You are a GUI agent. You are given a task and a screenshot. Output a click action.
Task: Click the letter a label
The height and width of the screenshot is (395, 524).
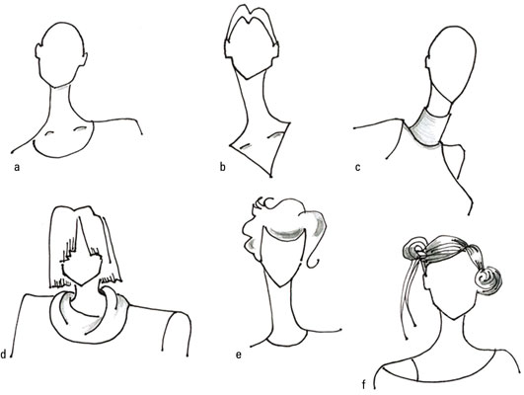coord(17,167)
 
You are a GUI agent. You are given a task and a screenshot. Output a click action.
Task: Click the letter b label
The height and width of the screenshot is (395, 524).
coord(223,167)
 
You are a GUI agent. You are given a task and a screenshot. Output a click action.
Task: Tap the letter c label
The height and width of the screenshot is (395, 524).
coord(358,167)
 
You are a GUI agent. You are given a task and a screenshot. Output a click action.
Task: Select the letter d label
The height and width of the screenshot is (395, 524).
coord(3,354)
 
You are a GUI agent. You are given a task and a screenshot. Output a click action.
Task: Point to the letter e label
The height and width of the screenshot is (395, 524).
coord(238,355)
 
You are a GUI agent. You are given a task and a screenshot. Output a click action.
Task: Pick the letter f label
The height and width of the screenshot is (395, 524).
coord(364,385)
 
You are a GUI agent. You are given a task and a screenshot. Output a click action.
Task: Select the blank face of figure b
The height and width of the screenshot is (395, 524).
coord(252,50)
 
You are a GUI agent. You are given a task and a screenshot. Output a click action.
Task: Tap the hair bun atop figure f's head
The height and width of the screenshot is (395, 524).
coord(414,249)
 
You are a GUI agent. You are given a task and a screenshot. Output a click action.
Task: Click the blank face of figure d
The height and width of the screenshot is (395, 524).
coord(83,266)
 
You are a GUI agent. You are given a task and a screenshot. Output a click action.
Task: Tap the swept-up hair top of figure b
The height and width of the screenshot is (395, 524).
coord(252,20)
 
